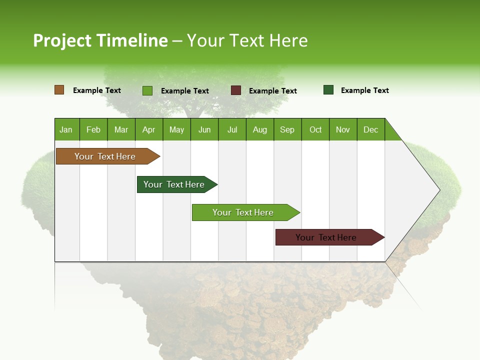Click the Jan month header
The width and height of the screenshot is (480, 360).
pos(66,129)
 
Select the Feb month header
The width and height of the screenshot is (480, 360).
pos(93,129)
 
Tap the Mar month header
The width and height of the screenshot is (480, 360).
pos(121,129)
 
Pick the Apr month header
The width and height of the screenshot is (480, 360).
pos(149,129)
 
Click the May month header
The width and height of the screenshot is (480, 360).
pos(176,129)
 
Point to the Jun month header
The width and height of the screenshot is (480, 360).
pos(204,129)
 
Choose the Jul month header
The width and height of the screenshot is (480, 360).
pos(232,129)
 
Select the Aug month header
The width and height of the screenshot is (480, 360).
pos(260,129)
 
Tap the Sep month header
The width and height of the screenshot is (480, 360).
pos(287,129)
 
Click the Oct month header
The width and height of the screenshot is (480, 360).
pos(315,129)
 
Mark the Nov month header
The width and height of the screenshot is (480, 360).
pos(343,129)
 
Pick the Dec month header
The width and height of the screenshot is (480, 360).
pos(371,129)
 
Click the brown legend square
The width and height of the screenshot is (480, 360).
pos(59,90)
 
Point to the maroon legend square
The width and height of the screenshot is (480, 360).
pos(236,90)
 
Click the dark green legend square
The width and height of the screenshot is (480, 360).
pos(328,90)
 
